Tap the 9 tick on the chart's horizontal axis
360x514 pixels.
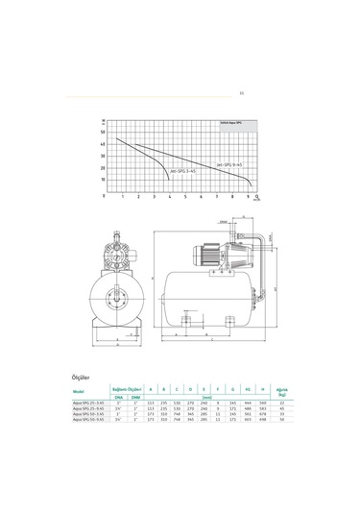251,196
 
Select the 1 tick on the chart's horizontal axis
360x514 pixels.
123,196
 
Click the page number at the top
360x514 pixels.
240,93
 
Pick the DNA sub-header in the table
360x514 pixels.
119,395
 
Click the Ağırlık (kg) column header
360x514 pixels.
281,390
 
